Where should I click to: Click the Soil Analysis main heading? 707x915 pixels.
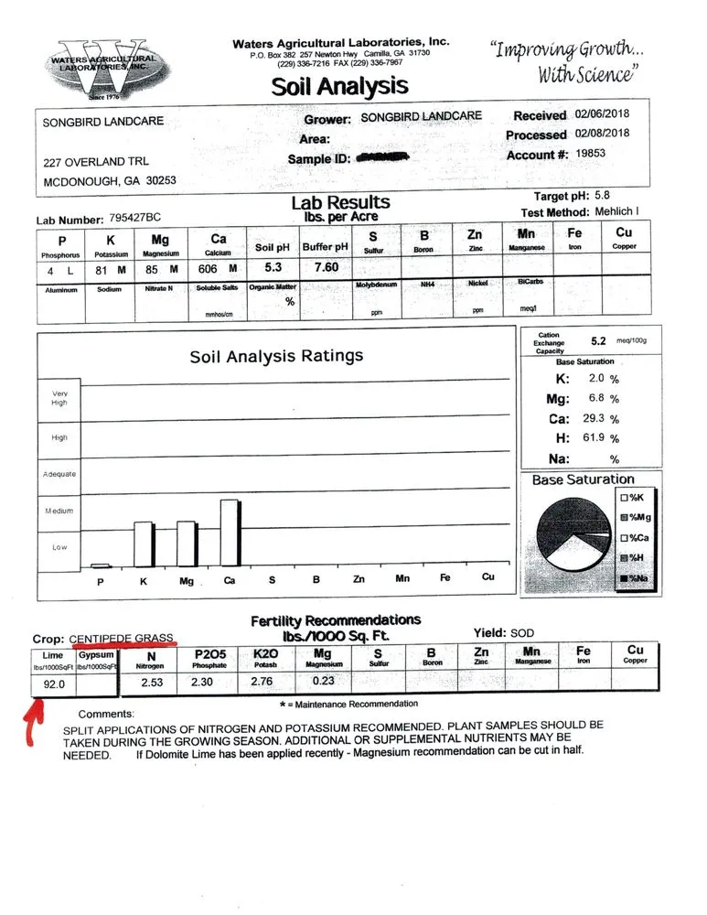click(x=338, y=86)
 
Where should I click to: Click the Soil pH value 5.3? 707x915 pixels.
click(x=273, y=268)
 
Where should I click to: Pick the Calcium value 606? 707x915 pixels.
click(x=208, y=269)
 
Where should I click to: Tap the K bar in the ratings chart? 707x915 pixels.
click(x=145, y=544)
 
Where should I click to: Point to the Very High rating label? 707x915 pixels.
click(x=59, y=397)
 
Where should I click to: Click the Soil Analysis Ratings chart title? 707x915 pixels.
click(x=276, y=356)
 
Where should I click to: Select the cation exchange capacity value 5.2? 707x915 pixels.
click(x=599, y=340)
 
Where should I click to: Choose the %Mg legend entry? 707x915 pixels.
click(x=636, y=517)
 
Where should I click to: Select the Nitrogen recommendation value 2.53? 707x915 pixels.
click(x=152, y=681)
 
